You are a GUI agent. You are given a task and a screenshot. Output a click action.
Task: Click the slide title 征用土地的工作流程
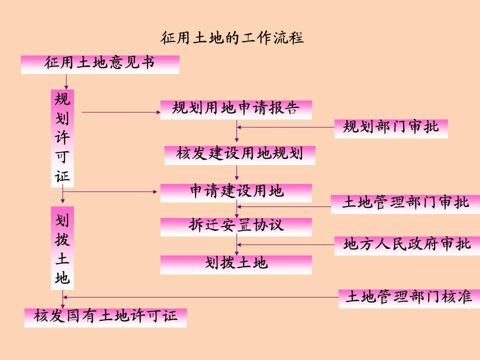[232, 38]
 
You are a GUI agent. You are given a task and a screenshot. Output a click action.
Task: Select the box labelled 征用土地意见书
[100, 64]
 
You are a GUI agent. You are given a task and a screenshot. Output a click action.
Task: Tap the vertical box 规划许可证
[62, 138]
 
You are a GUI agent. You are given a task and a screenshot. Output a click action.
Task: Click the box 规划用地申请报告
[236, 109]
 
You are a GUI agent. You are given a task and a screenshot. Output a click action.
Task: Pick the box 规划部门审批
[391, 128]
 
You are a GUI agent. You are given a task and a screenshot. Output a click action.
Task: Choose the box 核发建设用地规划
[240, 155]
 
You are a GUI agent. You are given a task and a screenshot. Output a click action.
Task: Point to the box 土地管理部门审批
[405, 204]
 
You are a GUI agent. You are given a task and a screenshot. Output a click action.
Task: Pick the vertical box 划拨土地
[62, 248]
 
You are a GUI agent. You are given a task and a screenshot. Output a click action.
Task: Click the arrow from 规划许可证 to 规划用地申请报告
[120, 112]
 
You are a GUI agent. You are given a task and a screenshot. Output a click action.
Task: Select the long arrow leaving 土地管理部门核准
[200, 297]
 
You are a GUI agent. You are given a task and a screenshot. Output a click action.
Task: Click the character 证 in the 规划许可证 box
[62, 176]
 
